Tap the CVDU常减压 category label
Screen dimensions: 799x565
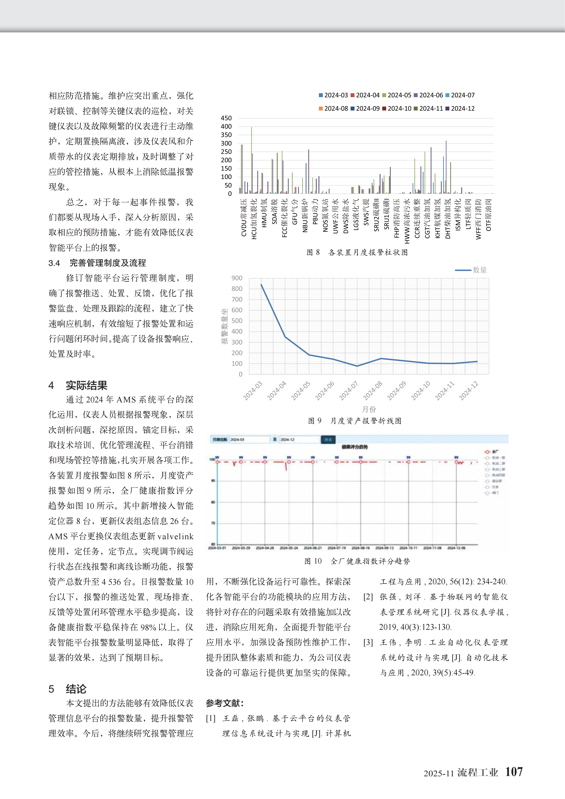244,218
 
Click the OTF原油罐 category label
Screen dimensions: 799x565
488,215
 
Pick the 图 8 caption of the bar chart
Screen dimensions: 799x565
357,252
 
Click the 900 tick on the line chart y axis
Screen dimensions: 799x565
237,278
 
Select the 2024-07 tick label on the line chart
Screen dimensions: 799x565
348,391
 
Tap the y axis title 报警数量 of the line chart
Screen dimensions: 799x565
225,326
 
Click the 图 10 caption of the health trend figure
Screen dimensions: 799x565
357,561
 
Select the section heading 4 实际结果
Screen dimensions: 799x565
78,385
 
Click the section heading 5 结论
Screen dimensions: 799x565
68,689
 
